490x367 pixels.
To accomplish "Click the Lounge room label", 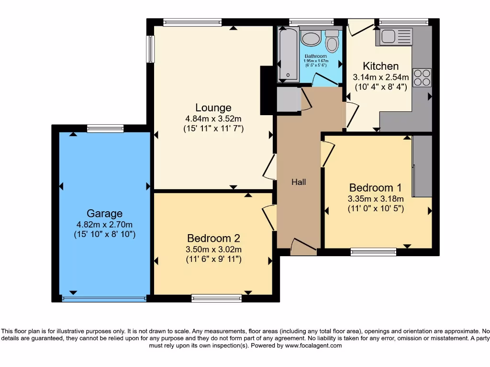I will click(x=213, y=108).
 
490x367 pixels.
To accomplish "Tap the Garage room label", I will click(x=104, y=214).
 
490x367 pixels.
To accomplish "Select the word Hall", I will click(x=299, y=182).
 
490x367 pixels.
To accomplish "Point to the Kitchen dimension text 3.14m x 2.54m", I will click(x=381, y=77).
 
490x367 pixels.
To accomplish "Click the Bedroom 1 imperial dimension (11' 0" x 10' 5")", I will click(x=376, y=208).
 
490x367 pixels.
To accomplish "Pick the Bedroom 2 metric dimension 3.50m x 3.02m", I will click(x=214, y=249).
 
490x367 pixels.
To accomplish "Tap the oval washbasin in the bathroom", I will click(x=311, y=39).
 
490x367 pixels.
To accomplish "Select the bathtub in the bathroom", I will click(x=289, y=54).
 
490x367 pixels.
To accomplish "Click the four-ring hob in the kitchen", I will click(x=422, y=78).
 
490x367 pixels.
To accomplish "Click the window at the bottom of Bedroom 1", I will click(x=373, y=252).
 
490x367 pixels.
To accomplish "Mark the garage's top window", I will click(x=105, y=128).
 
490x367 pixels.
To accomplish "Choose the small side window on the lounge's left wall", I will click(x=151, y=49).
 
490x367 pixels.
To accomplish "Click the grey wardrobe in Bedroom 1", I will click(x=422, y=166).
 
